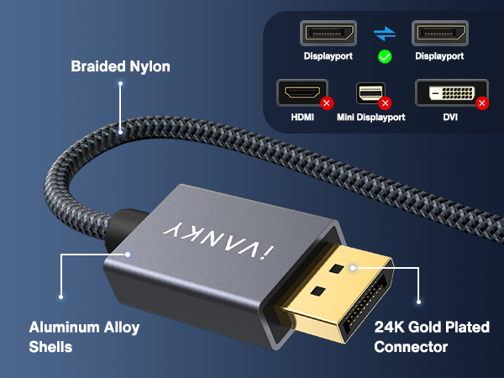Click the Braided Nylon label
(120, 66)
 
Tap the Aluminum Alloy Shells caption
(84, 337)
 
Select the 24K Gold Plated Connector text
(432, 337)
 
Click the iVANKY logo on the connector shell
(218, 239)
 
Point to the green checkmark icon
(385, 57)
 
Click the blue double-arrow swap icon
(385, 34)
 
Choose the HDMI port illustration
(302, 92)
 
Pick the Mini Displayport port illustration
(370, 93)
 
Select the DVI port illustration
(452, 92)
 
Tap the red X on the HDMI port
(327, 103)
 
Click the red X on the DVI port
(482, 103)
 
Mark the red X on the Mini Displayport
(385, 103)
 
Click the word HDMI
(302, 118)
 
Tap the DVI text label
(450, 118)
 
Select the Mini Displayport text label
(371, 118)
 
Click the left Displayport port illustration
(328, 33)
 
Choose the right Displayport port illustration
(440, 33)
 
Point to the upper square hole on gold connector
(336, 269)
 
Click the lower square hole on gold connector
(318, 291)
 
